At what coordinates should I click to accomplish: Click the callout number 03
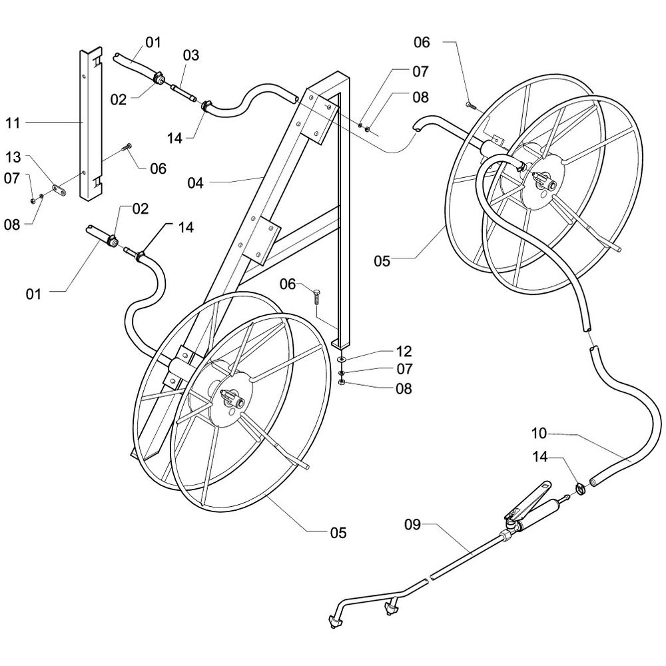(x=190, y=55)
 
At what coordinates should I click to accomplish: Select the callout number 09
(x=412, y=525)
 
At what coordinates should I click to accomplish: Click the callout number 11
(x=13, y=123)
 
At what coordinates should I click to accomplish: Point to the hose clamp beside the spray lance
(x=581, y=488)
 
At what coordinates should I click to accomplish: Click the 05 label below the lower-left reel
(x=338, y=532)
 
